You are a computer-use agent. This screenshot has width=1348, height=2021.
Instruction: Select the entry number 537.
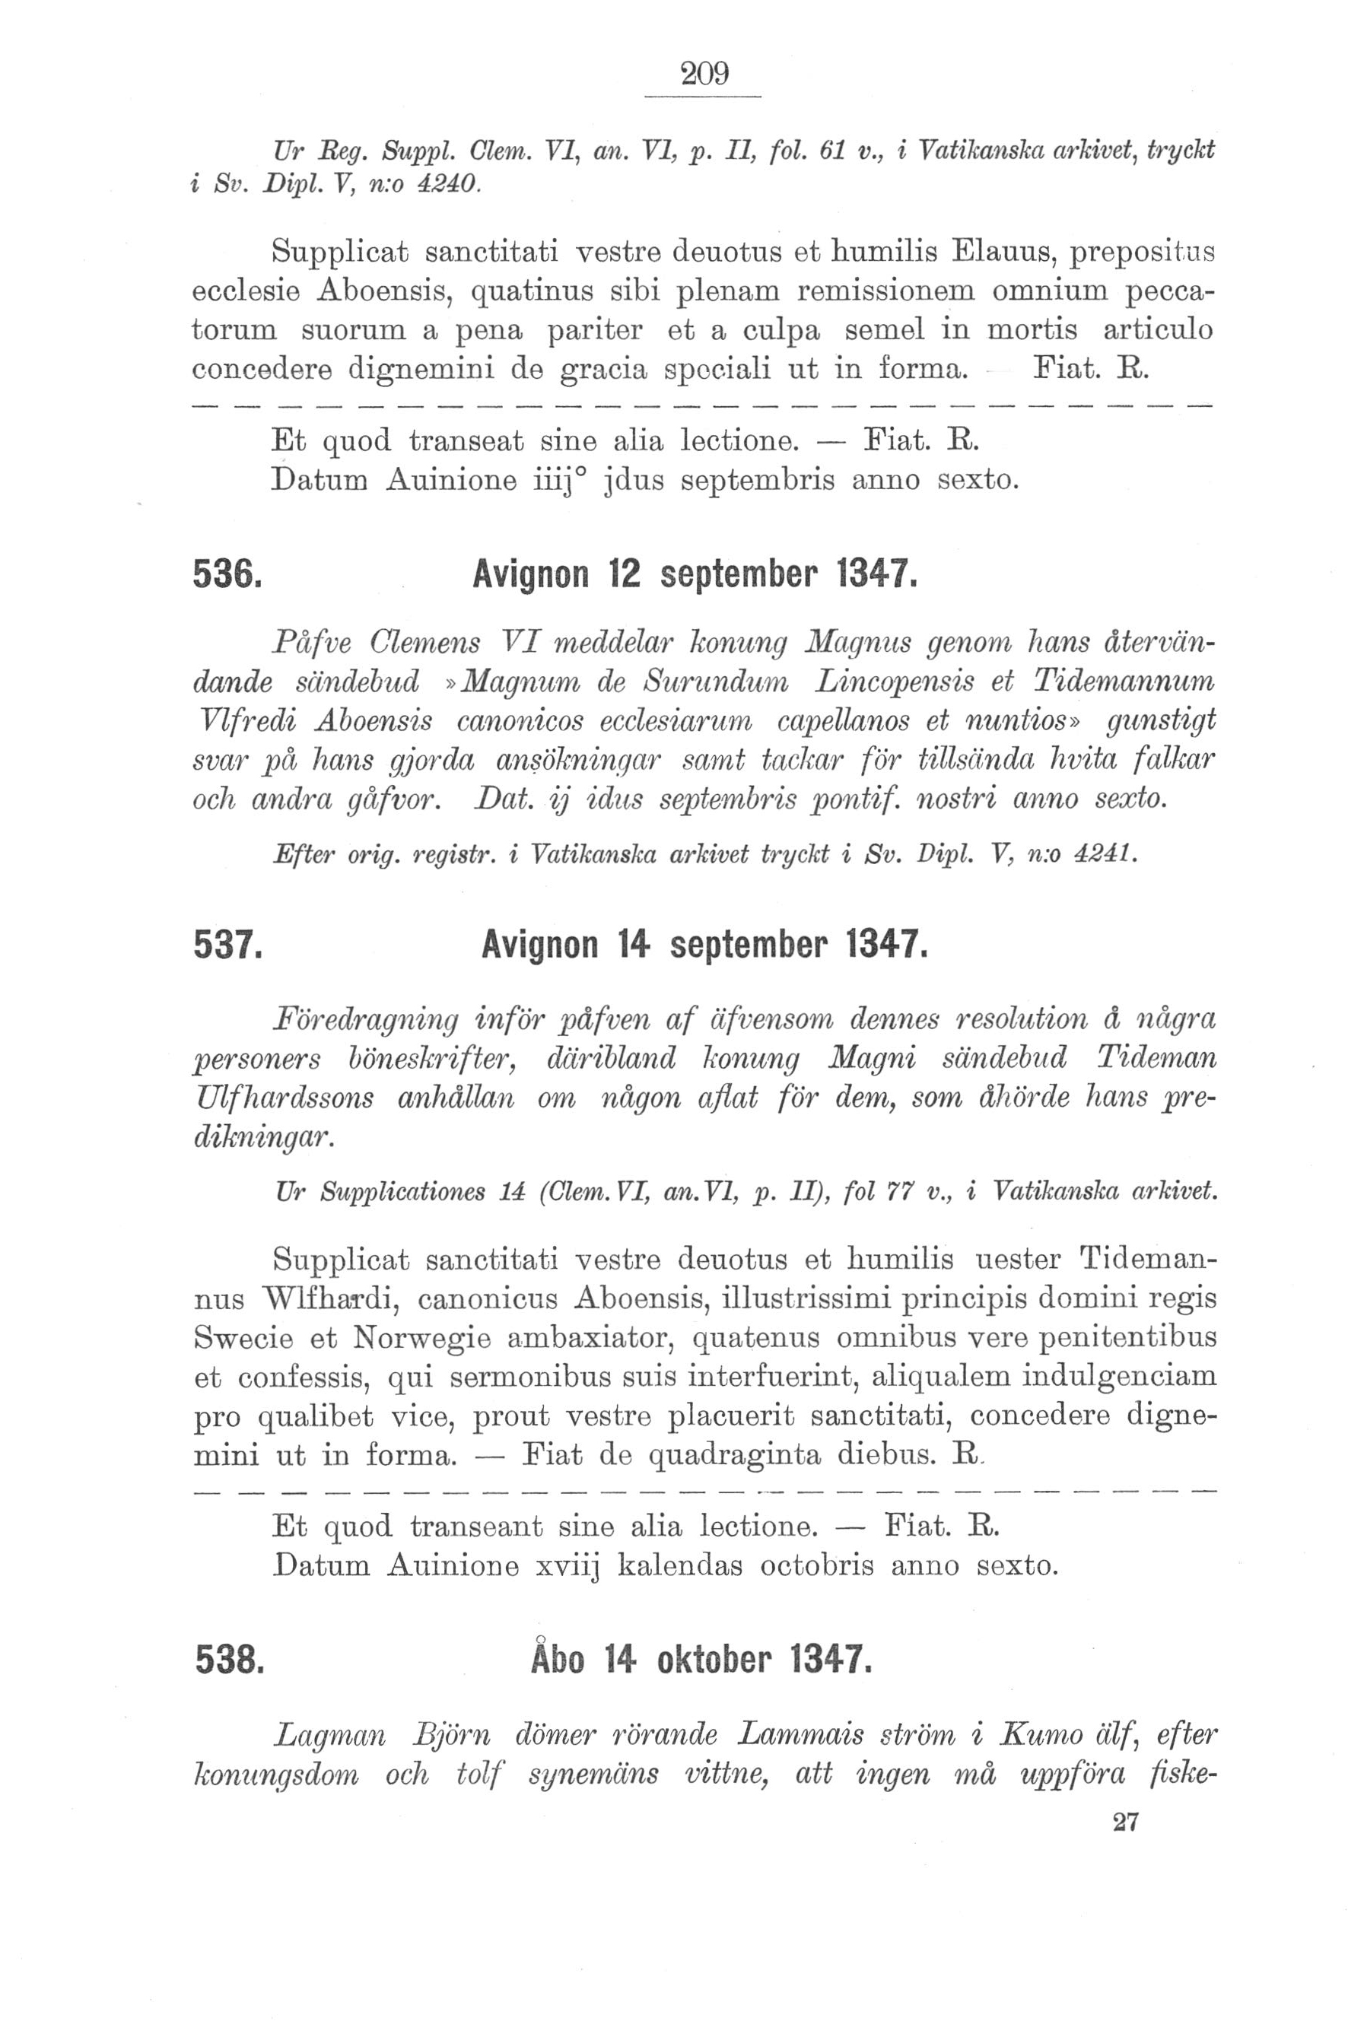coord(227,946)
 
